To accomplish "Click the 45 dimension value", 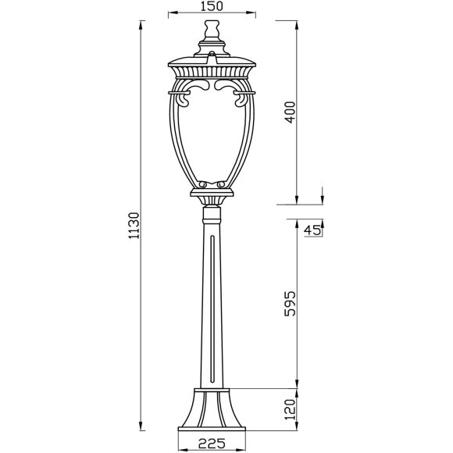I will (x=312, y=230).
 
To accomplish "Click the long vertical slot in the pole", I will (x=212, y=312).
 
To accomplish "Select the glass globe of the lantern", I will (x=212, y=141).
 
